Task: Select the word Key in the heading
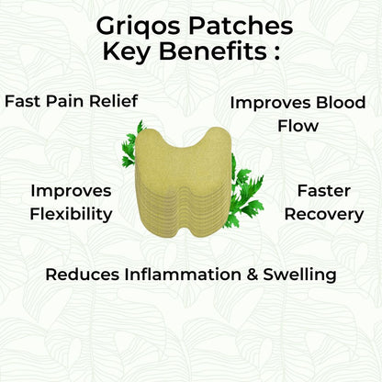coord(134,51)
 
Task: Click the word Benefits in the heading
coord(216,51)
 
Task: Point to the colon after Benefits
coord(276,52)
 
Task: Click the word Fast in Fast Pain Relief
coord(24,99)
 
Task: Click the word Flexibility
coord(71,215)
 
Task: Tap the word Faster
coord(320,191)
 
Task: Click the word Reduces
coord(80,274)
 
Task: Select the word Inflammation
coord(179,274)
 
